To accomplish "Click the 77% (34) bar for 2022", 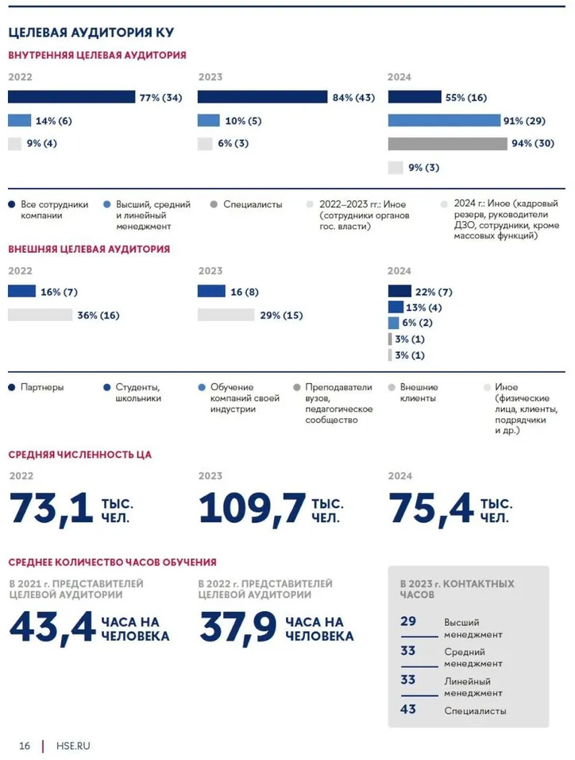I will (72, 97).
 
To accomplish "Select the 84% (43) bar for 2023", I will (262, 97).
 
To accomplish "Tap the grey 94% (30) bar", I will (447, 144).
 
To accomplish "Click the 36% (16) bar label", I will (98, 315).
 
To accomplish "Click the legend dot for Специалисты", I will (214, 204).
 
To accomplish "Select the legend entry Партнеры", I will (41, 387).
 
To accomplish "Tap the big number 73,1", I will (52, 509).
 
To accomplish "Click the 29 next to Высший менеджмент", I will (408, 621).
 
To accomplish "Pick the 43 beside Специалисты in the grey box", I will (408, 709).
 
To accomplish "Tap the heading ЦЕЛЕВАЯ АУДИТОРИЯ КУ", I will (91, 33).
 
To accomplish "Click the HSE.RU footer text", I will (73, 746).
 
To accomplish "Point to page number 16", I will (25, 746).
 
